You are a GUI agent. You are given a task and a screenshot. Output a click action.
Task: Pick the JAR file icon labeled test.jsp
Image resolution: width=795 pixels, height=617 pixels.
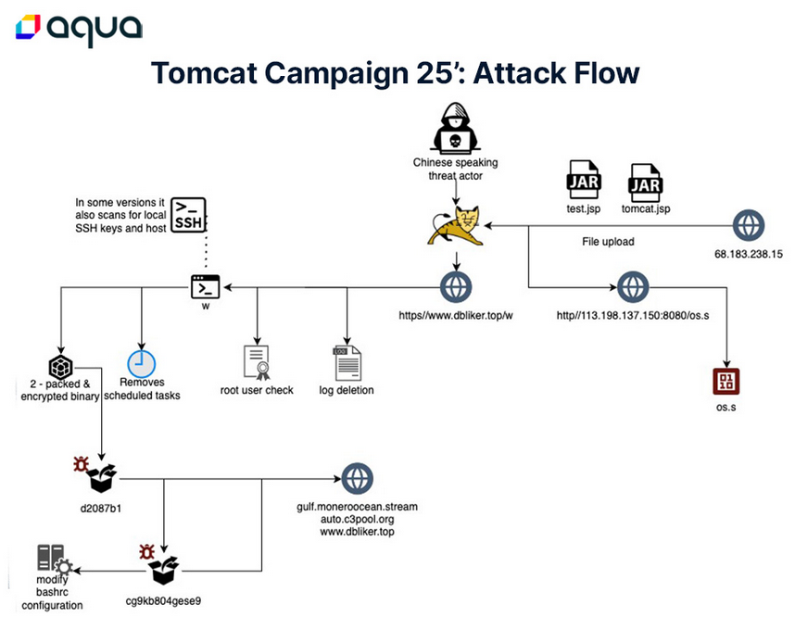pos(584,182)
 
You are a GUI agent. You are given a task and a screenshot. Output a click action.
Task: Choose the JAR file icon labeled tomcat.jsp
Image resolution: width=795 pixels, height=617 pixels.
pos(645,182)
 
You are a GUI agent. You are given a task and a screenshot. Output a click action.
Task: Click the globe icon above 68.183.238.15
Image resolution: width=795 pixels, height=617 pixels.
pos(749,225)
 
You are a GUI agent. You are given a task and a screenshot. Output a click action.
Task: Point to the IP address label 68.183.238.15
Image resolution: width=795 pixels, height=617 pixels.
pos(750,253)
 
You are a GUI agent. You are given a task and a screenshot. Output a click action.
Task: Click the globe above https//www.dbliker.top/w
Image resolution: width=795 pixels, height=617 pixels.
pos(455,286)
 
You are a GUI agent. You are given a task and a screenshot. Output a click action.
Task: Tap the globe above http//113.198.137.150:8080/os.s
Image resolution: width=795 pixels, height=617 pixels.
pos(633,286)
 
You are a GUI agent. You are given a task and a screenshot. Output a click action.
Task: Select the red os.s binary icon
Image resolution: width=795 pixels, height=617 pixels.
pos(726,382)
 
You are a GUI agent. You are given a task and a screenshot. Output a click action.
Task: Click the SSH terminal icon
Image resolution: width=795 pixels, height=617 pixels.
pos(189,214)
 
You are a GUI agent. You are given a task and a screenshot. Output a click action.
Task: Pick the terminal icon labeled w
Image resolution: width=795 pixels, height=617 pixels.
pos(205,286)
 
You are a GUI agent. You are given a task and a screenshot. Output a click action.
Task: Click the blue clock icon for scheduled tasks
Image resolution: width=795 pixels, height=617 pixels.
pos(141,363)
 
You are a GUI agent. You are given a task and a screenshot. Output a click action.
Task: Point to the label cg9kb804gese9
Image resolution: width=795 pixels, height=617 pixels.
pos(163,599)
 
